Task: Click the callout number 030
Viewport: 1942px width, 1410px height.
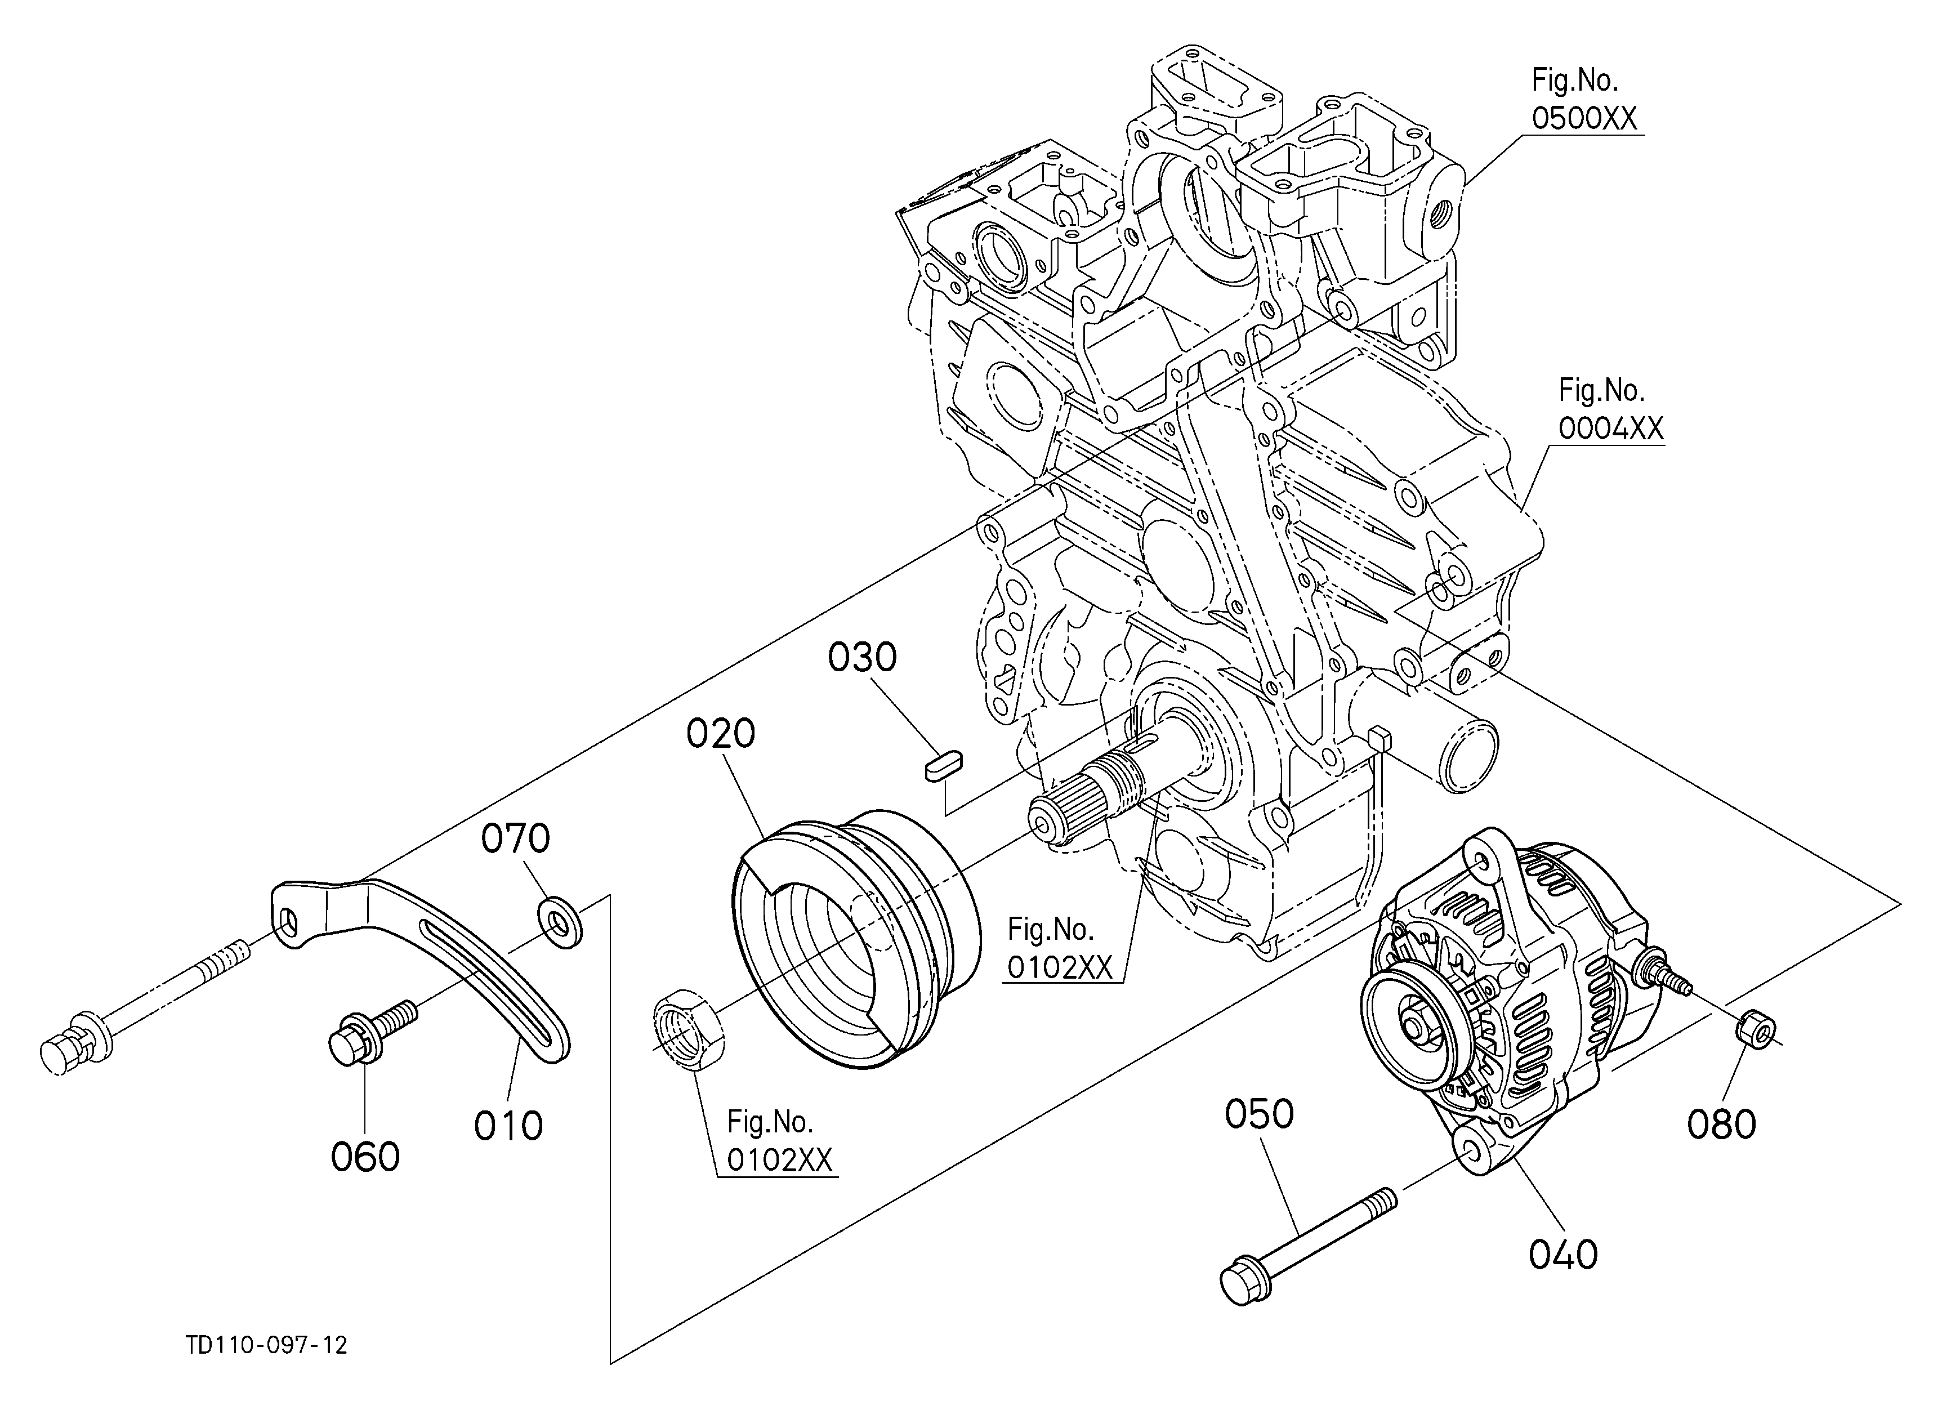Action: (x=862, y=658)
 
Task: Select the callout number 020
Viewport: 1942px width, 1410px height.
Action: (x=721, y=734)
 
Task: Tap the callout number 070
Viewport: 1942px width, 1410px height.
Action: (x=515, y=839)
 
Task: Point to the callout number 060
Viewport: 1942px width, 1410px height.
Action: (x=365, y=1157)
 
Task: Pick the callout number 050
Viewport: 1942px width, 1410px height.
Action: (x=1258, y=1114)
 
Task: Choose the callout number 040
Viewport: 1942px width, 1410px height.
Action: (x=1564, y=1255)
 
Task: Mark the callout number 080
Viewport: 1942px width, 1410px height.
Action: (x=1722, y=1124)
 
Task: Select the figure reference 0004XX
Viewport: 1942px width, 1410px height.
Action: (x=1610, y=427)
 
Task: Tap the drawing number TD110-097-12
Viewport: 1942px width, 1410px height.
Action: (x=267, y=1345)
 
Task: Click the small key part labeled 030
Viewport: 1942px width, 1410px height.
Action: (x=944, y=765)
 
